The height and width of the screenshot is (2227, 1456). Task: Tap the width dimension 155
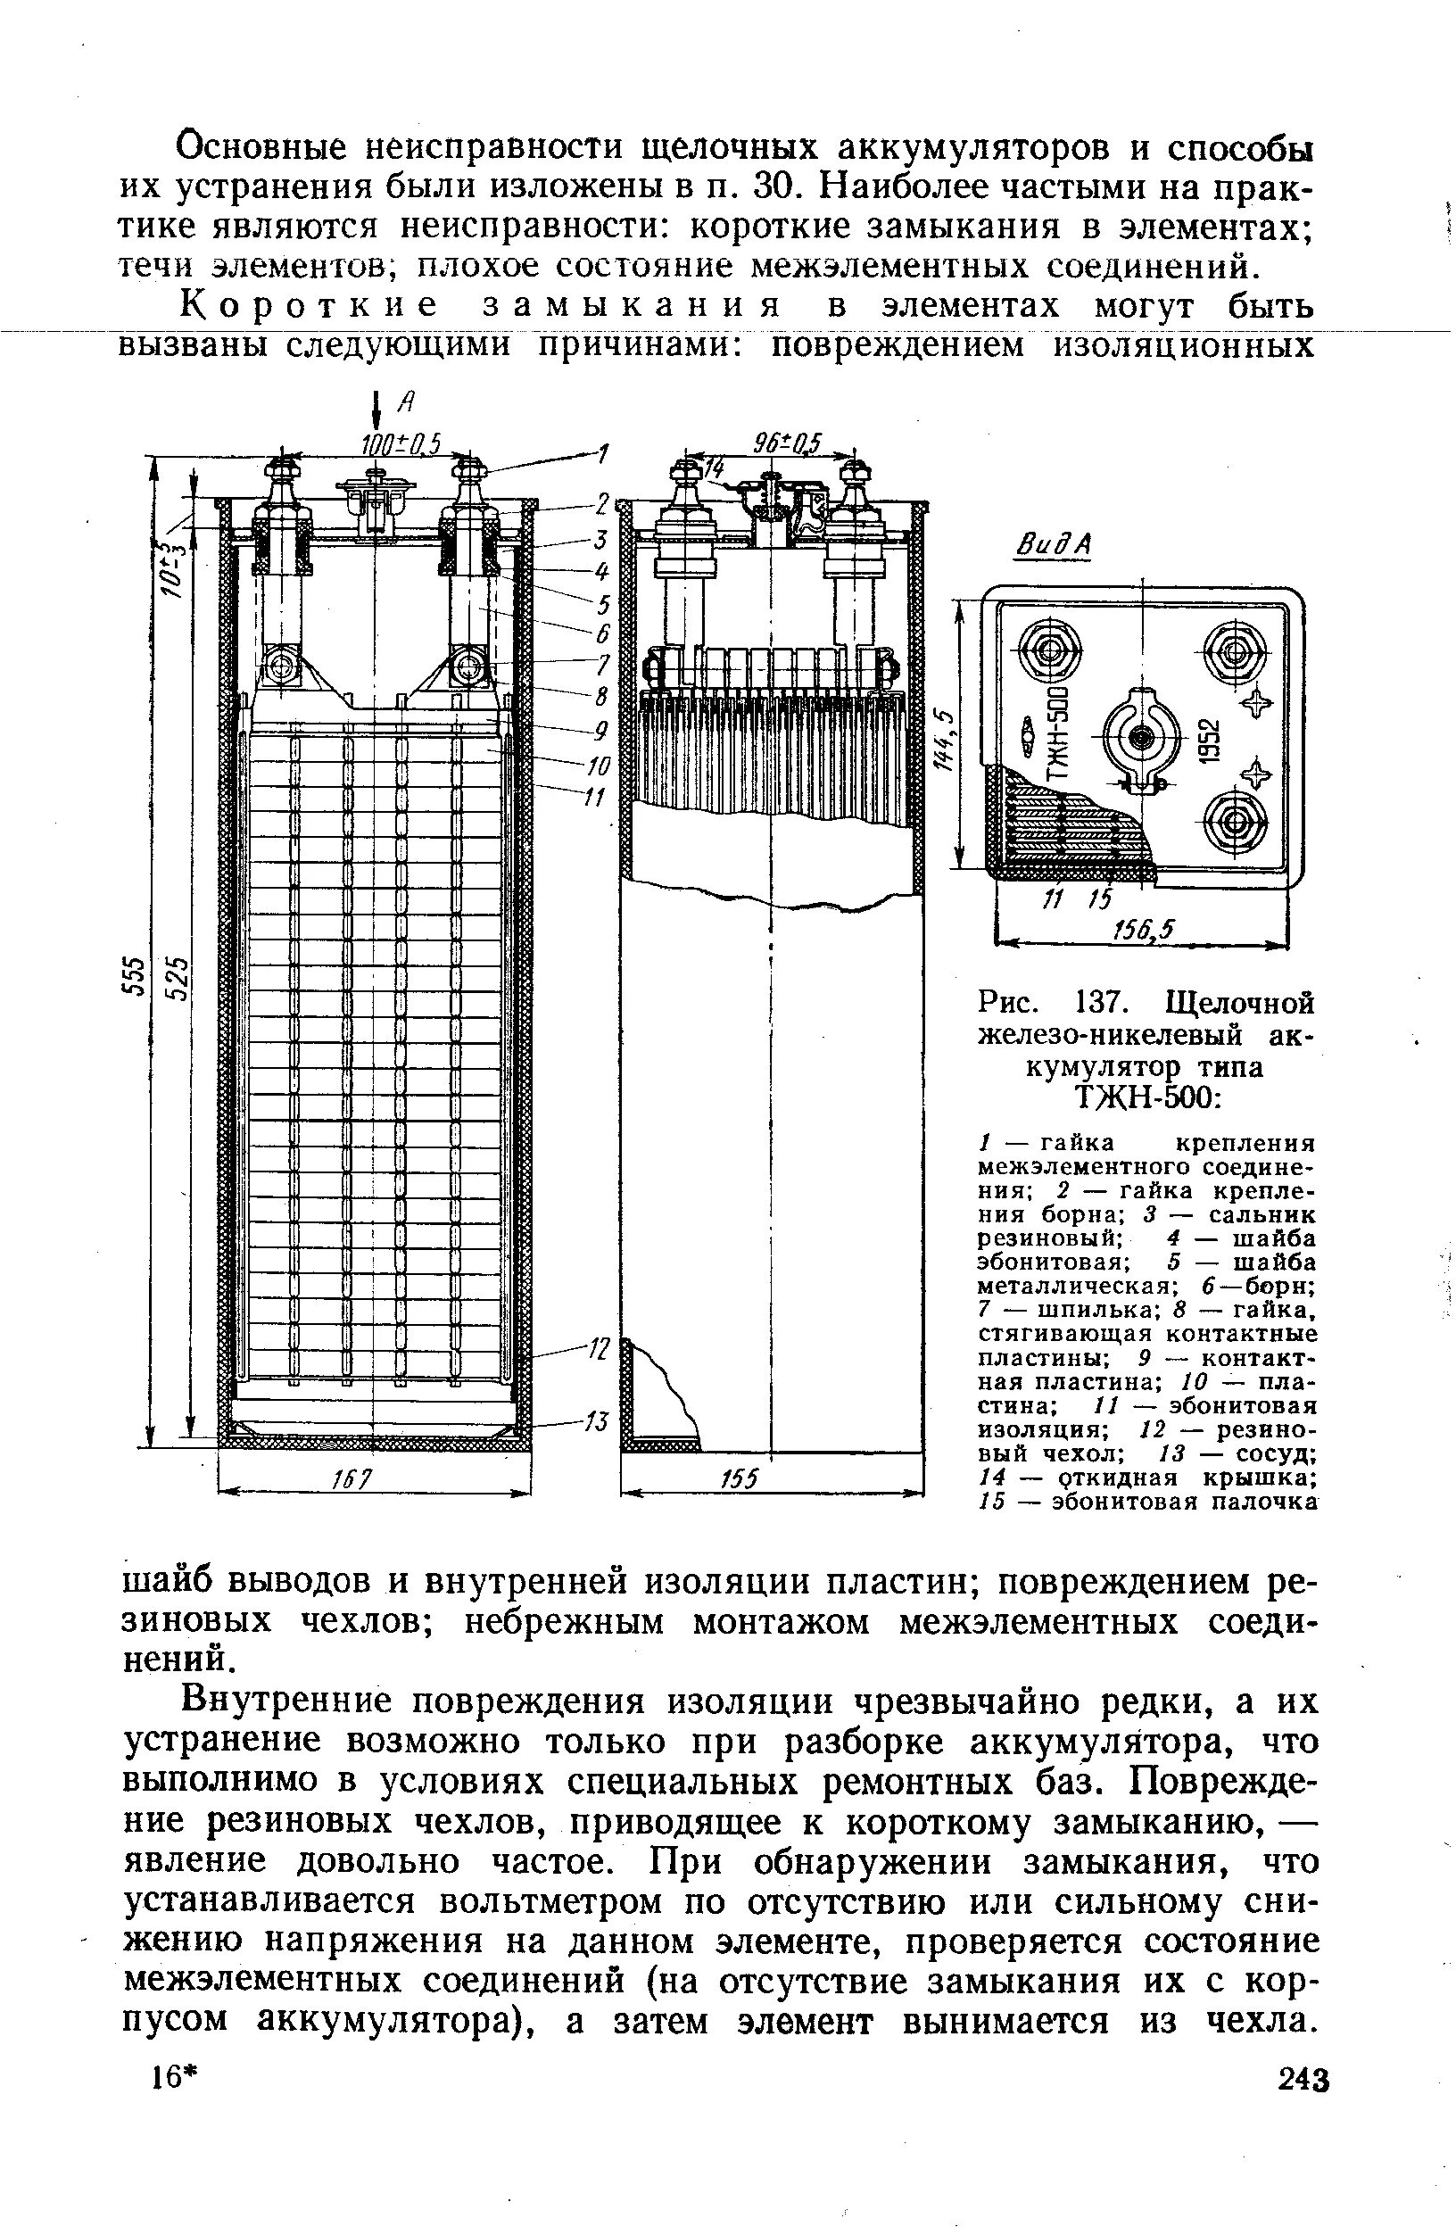coord(740,1478)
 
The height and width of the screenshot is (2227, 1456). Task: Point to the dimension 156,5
coord(1142,929)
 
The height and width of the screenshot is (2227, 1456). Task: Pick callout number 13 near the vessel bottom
coord(596,1423)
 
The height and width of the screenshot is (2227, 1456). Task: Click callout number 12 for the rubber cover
coord(598,1349)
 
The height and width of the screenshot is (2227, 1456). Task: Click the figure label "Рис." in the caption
coord(1008,1004)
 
